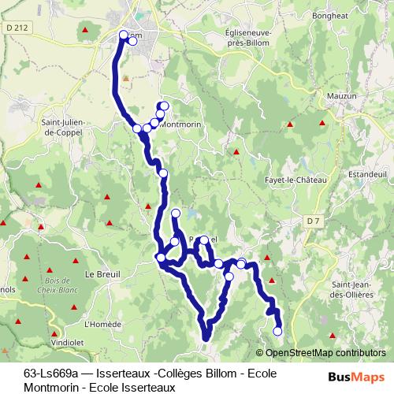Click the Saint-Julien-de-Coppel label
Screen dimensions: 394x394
point(67,127)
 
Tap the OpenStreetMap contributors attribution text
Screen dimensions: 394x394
point(325,352)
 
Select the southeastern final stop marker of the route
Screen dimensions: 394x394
point(277,332)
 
